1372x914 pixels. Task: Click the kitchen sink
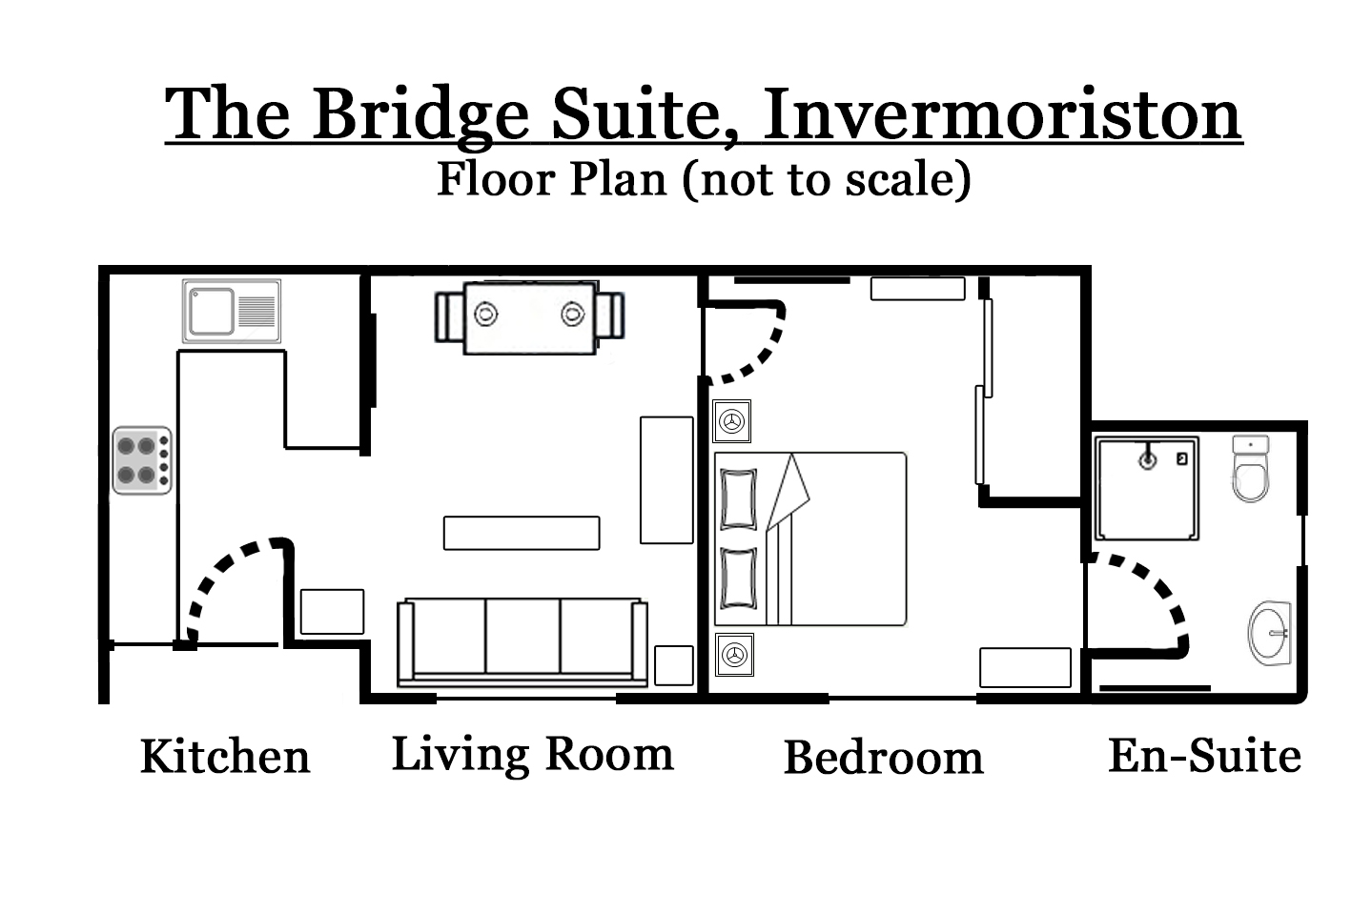[232, 312]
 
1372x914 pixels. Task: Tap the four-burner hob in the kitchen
[142, 460]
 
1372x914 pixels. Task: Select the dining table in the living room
[530, 317]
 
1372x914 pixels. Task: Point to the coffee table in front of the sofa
[522, 533]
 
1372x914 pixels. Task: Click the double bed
[810, 538]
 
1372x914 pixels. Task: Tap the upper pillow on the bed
[739, 498]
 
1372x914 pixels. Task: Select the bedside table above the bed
[732, 420]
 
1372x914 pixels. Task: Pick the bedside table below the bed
[733, 655]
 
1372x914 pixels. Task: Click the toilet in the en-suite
[1250, 470]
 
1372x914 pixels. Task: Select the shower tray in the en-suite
[1146, 488]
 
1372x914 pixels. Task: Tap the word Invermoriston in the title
[1002, 114]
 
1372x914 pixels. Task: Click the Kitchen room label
[225, 757]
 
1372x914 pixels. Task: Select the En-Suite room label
[1204, 756]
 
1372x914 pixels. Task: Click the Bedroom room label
[883, 758]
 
